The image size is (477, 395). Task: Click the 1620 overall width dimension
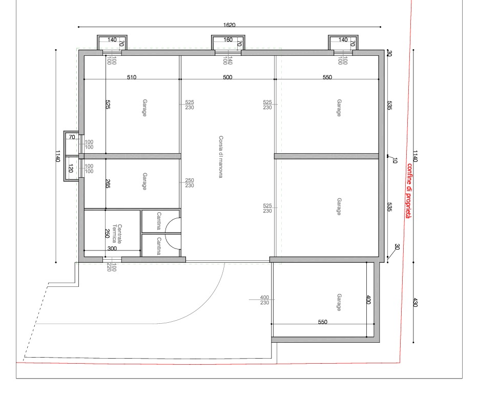point(229,25)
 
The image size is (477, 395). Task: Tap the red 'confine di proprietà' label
point(409,191)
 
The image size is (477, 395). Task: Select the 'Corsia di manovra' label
point(221,157)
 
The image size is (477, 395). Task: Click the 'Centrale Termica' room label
point(117,234)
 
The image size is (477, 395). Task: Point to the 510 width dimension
point(132,77)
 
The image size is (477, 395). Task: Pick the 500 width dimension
point(227,77)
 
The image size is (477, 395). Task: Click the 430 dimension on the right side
point(415,302)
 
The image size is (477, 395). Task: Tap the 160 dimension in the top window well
point(228,40)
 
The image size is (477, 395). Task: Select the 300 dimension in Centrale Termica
point(112,248)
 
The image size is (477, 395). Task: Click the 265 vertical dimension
point(108,183)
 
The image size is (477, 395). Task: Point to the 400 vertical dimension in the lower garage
point(368,300)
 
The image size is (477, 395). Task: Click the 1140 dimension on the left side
point(58,156)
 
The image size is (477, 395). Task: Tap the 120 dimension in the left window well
point(71,169)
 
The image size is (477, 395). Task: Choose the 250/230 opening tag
point(190,183)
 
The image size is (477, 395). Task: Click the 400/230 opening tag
point(265,300)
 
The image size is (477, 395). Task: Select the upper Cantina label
point(159,221)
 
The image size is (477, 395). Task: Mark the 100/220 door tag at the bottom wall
point(111,267)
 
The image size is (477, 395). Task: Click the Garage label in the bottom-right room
point(339,302)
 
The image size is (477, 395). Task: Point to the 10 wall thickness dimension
point(395,160)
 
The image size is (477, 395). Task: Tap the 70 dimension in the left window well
point(72,137)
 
